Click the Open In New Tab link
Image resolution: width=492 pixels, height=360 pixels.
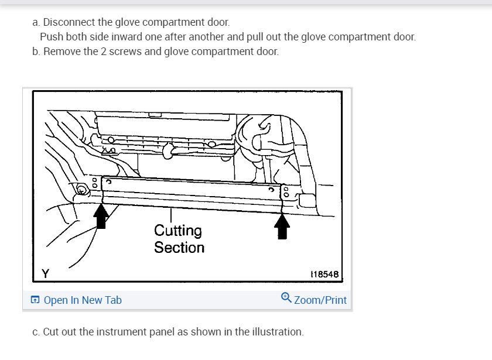(82, 300)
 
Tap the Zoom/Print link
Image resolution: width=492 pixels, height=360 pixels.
(320, 300)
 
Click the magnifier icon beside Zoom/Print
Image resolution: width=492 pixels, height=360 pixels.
(286, 298)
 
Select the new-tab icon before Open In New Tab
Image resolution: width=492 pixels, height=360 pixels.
(36, 300)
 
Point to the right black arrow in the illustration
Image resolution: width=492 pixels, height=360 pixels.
(283, 226)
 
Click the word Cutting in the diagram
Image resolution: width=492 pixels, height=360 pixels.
(178, 231)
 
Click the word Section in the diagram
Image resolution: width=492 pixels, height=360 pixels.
(179, 248)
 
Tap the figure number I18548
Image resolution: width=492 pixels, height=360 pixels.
(323, 274)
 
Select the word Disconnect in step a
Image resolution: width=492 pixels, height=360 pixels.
(69, 22)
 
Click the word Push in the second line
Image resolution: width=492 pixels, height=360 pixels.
(51, 37)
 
